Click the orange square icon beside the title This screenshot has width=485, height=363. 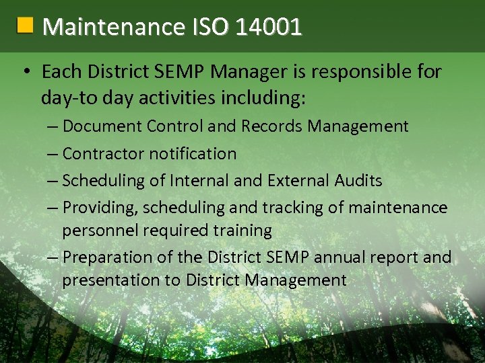25,26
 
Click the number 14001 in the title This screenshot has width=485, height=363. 269,27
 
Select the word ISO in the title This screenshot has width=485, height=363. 209,27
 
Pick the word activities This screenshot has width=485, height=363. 186,98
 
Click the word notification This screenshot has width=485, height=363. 193,154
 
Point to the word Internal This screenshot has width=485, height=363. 199,181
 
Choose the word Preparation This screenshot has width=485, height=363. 108,258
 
